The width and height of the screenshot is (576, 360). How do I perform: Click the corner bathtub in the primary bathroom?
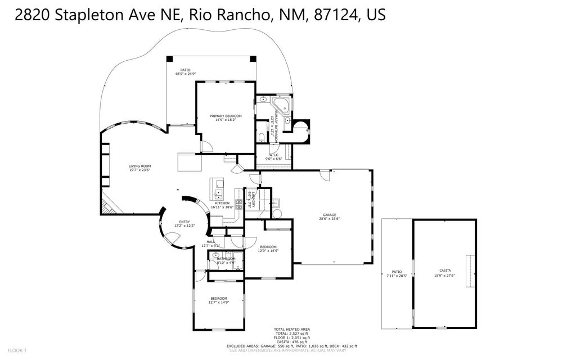pos(281,104)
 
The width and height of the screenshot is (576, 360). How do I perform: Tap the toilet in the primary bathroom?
pos(262,138)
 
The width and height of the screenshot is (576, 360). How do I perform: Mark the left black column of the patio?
pos(170,58)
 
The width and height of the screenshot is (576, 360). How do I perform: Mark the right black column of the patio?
pos(253,58)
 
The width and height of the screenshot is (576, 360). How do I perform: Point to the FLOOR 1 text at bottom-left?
pos(16,350)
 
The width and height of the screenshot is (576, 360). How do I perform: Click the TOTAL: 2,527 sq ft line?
pos(292,333)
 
